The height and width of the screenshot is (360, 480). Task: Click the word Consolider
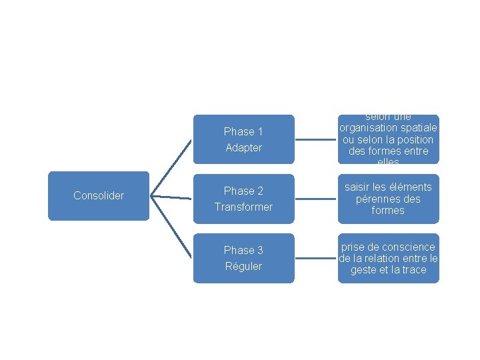pyautogui.click(x=99, y=195)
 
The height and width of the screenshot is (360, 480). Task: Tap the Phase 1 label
pyautogui.click(x=243, y=131)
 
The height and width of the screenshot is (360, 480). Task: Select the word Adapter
pyautogui.click(x=243, y=147)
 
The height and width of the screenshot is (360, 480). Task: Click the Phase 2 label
pyautogui.click(x=243, y=191)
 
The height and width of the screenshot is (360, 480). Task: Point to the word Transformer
pyautogui.click(x=243, y=207)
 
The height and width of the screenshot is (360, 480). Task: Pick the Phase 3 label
pyautogui.click(x=243, y=250)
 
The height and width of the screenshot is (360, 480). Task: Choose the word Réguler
pyautogui.click(x=243, y=266)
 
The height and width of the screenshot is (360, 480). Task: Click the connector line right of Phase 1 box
pyautogui.click(x=316, y=139)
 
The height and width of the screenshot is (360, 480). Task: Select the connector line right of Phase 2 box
pyautogui.click(x=316, y=199)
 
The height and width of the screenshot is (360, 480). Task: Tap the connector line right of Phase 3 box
pyautogui.click(x=316, y=258)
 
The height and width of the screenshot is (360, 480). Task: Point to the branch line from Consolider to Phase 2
pyautogui.click(x=171, y=197)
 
